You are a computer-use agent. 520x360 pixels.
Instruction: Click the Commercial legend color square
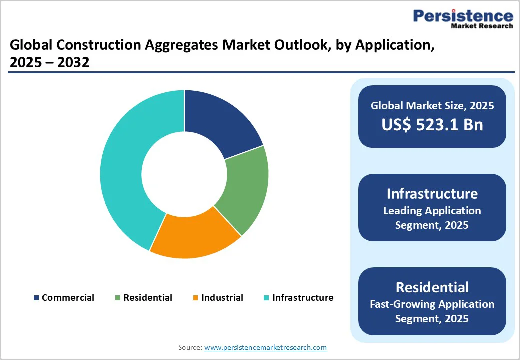(x=36, y=298)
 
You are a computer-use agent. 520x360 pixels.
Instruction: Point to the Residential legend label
(x=147, y=298)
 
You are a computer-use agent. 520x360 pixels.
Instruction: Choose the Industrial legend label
(x=222, y=298)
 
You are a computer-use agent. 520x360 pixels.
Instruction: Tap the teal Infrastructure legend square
(x=266, y=298)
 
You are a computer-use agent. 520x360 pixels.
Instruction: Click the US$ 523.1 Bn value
(x=432, y=125)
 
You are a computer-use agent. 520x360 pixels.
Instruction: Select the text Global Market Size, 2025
(x=432, y=105)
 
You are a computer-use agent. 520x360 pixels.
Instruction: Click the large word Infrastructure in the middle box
(x=432, y=194)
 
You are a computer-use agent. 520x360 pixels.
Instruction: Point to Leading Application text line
(x=432, y=211)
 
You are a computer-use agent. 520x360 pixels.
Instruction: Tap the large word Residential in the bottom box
(x=432, y=287)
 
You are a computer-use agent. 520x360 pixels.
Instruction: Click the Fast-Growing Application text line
(x=432, y=304)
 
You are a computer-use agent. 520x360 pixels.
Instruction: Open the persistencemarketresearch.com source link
(x=265, y=347)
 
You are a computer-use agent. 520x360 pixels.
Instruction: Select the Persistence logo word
(x=463, y=16)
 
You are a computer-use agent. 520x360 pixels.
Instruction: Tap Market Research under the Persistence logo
(x=482, y=26)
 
